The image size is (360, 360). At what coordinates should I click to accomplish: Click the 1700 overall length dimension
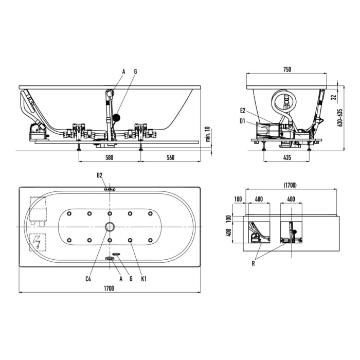[109, 288]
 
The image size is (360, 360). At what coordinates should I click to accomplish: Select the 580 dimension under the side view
[109, 157]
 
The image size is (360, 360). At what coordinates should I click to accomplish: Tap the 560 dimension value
[170, 157]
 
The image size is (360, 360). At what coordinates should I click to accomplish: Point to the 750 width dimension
[287, 69]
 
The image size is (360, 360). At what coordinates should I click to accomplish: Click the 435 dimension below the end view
[287, 157]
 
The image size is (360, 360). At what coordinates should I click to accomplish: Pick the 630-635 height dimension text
[340, 117]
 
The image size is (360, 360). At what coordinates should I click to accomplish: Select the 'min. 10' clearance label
[208, 134]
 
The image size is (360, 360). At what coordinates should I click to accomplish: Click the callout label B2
[99, 175]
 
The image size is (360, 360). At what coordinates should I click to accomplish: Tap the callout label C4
[88, 279]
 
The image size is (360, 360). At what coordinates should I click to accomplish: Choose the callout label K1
[143, 279]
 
